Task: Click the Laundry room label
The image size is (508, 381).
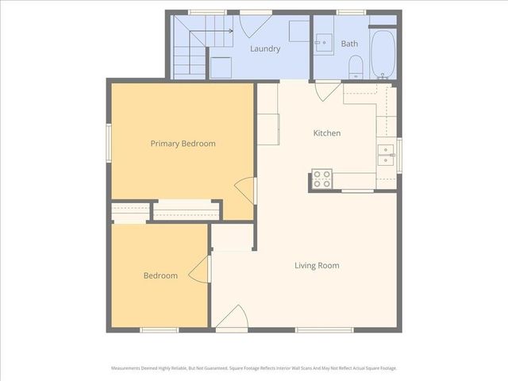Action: click(265, 48)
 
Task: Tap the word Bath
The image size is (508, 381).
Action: click(349, 44)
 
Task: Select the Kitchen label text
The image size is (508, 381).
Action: click(326, 133)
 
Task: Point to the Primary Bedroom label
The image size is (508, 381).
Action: click(183, 144)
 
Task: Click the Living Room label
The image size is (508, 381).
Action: click(317, 265)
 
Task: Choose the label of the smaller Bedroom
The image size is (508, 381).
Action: click(160, 275)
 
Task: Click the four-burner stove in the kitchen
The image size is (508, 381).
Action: click(321, 179)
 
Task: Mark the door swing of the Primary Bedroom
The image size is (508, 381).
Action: click(247, 189)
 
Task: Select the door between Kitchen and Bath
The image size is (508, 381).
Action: click(325, 90)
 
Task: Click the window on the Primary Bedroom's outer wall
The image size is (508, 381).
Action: click(109, 144)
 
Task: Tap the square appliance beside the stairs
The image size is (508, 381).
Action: click(221, 66)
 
